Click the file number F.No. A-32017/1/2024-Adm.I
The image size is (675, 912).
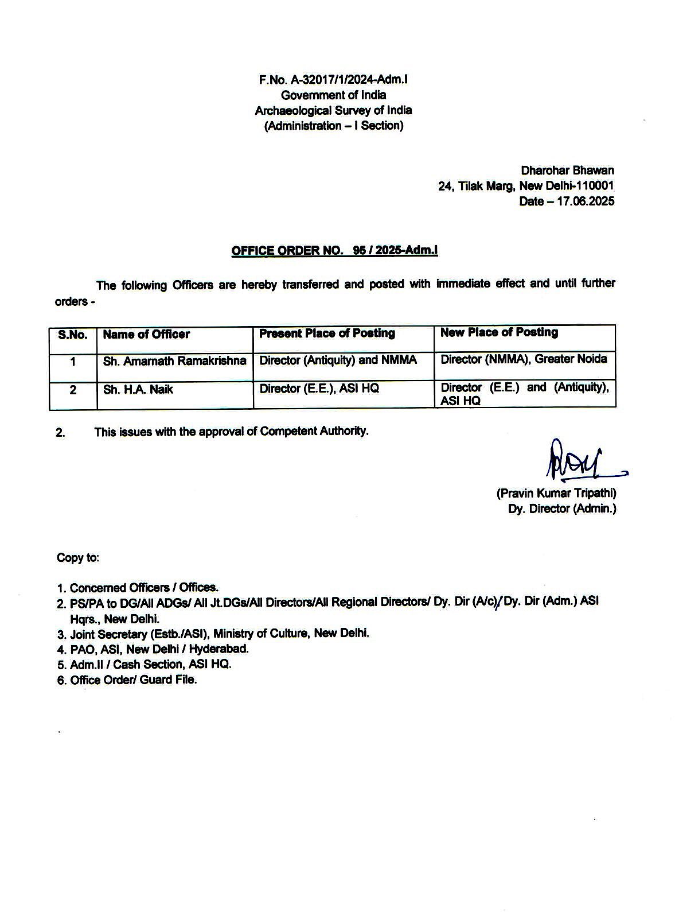click(x=333, y=80)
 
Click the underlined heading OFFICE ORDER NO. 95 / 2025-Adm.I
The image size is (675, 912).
click(x=334, y=251)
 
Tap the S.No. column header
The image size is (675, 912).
click(x=73, y=335)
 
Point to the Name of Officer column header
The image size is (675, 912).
click(x=146, y=335)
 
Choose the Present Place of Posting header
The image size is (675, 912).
click(x=327, y=333)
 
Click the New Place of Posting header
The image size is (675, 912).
click(x=499, y=332)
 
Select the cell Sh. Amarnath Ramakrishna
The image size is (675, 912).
click(x=174, y=361)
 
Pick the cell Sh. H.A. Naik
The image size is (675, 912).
click(x=138, y=390)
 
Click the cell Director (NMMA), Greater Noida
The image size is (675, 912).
click(x=523, y=359)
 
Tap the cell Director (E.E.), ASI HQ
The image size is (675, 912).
click(x=319, y=389)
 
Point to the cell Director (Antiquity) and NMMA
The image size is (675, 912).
click(x=338, y=360)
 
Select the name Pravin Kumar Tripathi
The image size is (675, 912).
click(x=556, y=493)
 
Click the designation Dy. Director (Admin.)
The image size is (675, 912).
click(x=562, y=509)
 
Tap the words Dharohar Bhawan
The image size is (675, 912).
click(x=567, y=170)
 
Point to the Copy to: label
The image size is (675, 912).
click(x=77, y=557)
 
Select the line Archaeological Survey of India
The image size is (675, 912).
click(x=333, y=110)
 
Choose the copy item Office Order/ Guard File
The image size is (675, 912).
click(x=133, y=680)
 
